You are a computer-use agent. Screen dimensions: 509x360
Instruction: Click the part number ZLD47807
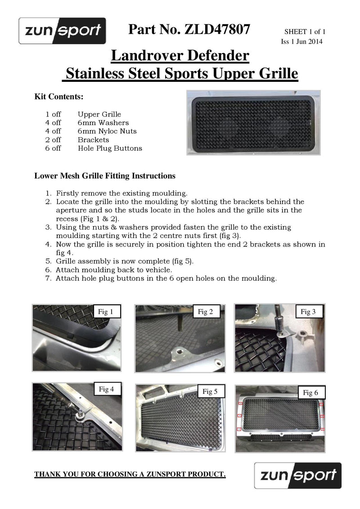[217, 30]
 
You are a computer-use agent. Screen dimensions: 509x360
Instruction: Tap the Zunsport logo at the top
[62, 31]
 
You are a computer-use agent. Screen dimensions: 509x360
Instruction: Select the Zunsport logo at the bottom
[297, 475]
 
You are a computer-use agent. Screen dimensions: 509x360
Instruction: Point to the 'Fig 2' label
[206, 312]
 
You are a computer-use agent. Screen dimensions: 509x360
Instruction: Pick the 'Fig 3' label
[308, 312]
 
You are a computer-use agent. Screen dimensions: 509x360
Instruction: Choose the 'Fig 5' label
[207, 392]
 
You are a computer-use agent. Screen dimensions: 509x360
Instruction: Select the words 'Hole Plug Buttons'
[110, 148]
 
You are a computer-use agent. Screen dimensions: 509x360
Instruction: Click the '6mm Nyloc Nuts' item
[107, 131]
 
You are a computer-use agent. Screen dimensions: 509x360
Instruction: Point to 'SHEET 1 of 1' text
[305, 32]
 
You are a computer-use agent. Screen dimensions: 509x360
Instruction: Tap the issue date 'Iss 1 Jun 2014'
[301, 41]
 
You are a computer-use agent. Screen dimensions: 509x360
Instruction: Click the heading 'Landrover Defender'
[180, 56]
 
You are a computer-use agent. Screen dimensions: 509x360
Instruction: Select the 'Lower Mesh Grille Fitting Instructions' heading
[105, 175]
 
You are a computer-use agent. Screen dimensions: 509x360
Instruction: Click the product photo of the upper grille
[254, 122]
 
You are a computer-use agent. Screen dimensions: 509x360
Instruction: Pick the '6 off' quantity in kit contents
[53, 148]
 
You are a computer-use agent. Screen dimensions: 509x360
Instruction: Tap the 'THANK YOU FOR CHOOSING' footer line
[130, 474]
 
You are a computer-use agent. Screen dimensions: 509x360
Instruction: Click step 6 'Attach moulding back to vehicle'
[114, 270]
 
